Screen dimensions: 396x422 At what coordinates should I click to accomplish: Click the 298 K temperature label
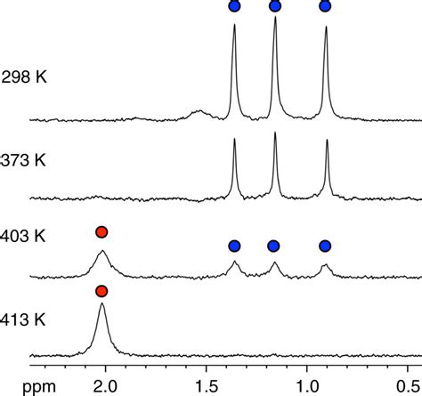pos(24,77)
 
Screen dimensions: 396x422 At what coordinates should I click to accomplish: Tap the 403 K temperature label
pos(24,237)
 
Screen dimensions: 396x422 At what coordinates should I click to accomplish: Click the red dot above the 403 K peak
pos(101,232)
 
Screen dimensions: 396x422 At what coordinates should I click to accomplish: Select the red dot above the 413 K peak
pos(101,291)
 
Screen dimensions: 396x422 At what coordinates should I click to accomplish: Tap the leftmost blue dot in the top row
pos(234,6)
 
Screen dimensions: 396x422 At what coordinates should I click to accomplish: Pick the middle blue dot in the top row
pos(274,6)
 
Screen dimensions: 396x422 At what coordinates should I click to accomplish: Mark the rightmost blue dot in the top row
pos(326,6)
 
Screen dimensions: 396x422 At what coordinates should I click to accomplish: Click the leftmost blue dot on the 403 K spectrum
pos(234,246)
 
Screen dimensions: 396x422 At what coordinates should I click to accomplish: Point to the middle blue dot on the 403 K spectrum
pos(274,246)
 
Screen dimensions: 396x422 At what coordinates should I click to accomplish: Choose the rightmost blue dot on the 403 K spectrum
pos(326,246)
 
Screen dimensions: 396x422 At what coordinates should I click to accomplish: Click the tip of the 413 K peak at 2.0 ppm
pos(101,304)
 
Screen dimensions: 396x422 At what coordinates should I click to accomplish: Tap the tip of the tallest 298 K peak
pos(275,17)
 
